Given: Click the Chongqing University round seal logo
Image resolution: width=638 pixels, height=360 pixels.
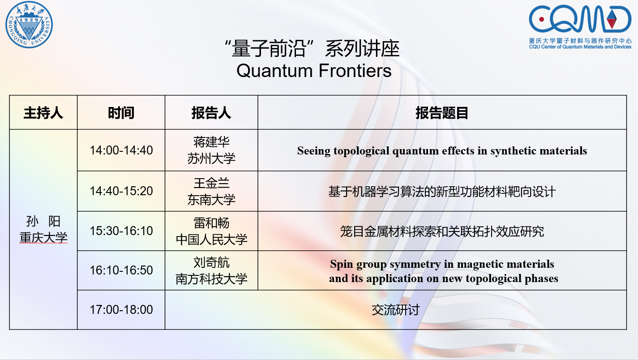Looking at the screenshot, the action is pos(29,25).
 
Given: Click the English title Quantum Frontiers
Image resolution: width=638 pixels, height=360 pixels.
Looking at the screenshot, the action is pos(314,71).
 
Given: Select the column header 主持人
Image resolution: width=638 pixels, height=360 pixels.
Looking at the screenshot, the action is pos(43,113).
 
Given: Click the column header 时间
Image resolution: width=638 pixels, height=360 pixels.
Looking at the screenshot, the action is pos(121,113).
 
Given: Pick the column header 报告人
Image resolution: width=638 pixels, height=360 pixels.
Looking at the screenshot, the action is pos(211,113).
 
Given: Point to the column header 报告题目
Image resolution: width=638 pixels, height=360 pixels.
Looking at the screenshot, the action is pos(442,113).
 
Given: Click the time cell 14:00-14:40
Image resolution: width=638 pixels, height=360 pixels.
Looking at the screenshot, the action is pos(121,150).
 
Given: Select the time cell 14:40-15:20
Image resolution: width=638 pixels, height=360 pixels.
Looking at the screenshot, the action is pos(121,191).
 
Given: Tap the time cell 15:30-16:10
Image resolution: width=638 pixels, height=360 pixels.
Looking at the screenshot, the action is pos(121,231).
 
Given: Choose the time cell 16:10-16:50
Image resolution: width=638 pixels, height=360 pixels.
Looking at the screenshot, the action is pos(121,270).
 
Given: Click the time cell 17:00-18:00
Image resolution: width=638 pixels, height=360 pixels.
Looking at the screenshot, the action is pos(121,309).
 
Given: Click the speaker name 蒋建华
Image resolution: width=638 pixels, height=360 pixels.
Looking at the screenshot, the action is pos(211,142).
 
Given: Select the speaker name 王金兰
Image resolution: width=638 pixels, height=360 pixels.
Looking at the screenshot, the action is pos(211,183).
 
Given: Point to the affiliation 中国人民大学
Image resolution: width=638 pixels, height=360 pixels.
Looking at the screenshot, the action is pos(211,239).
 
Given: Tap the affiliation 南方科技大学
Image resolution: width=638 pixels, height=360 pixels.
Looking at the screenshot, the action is pos(211,279).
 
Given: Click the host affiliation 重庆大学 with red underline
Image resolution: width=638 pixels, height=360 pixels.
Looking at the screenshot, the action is pos(43,237).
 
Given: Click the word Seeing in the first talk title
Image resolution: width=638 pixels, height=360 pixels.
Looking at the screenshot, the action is pos(313,151).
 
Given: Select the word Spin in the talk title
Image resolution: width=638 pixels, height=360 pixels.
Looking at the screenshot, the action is pos(342,264).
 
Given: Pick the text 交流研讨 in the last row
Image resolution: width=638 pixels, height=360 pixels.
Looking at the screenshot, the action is pos(395,310).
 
